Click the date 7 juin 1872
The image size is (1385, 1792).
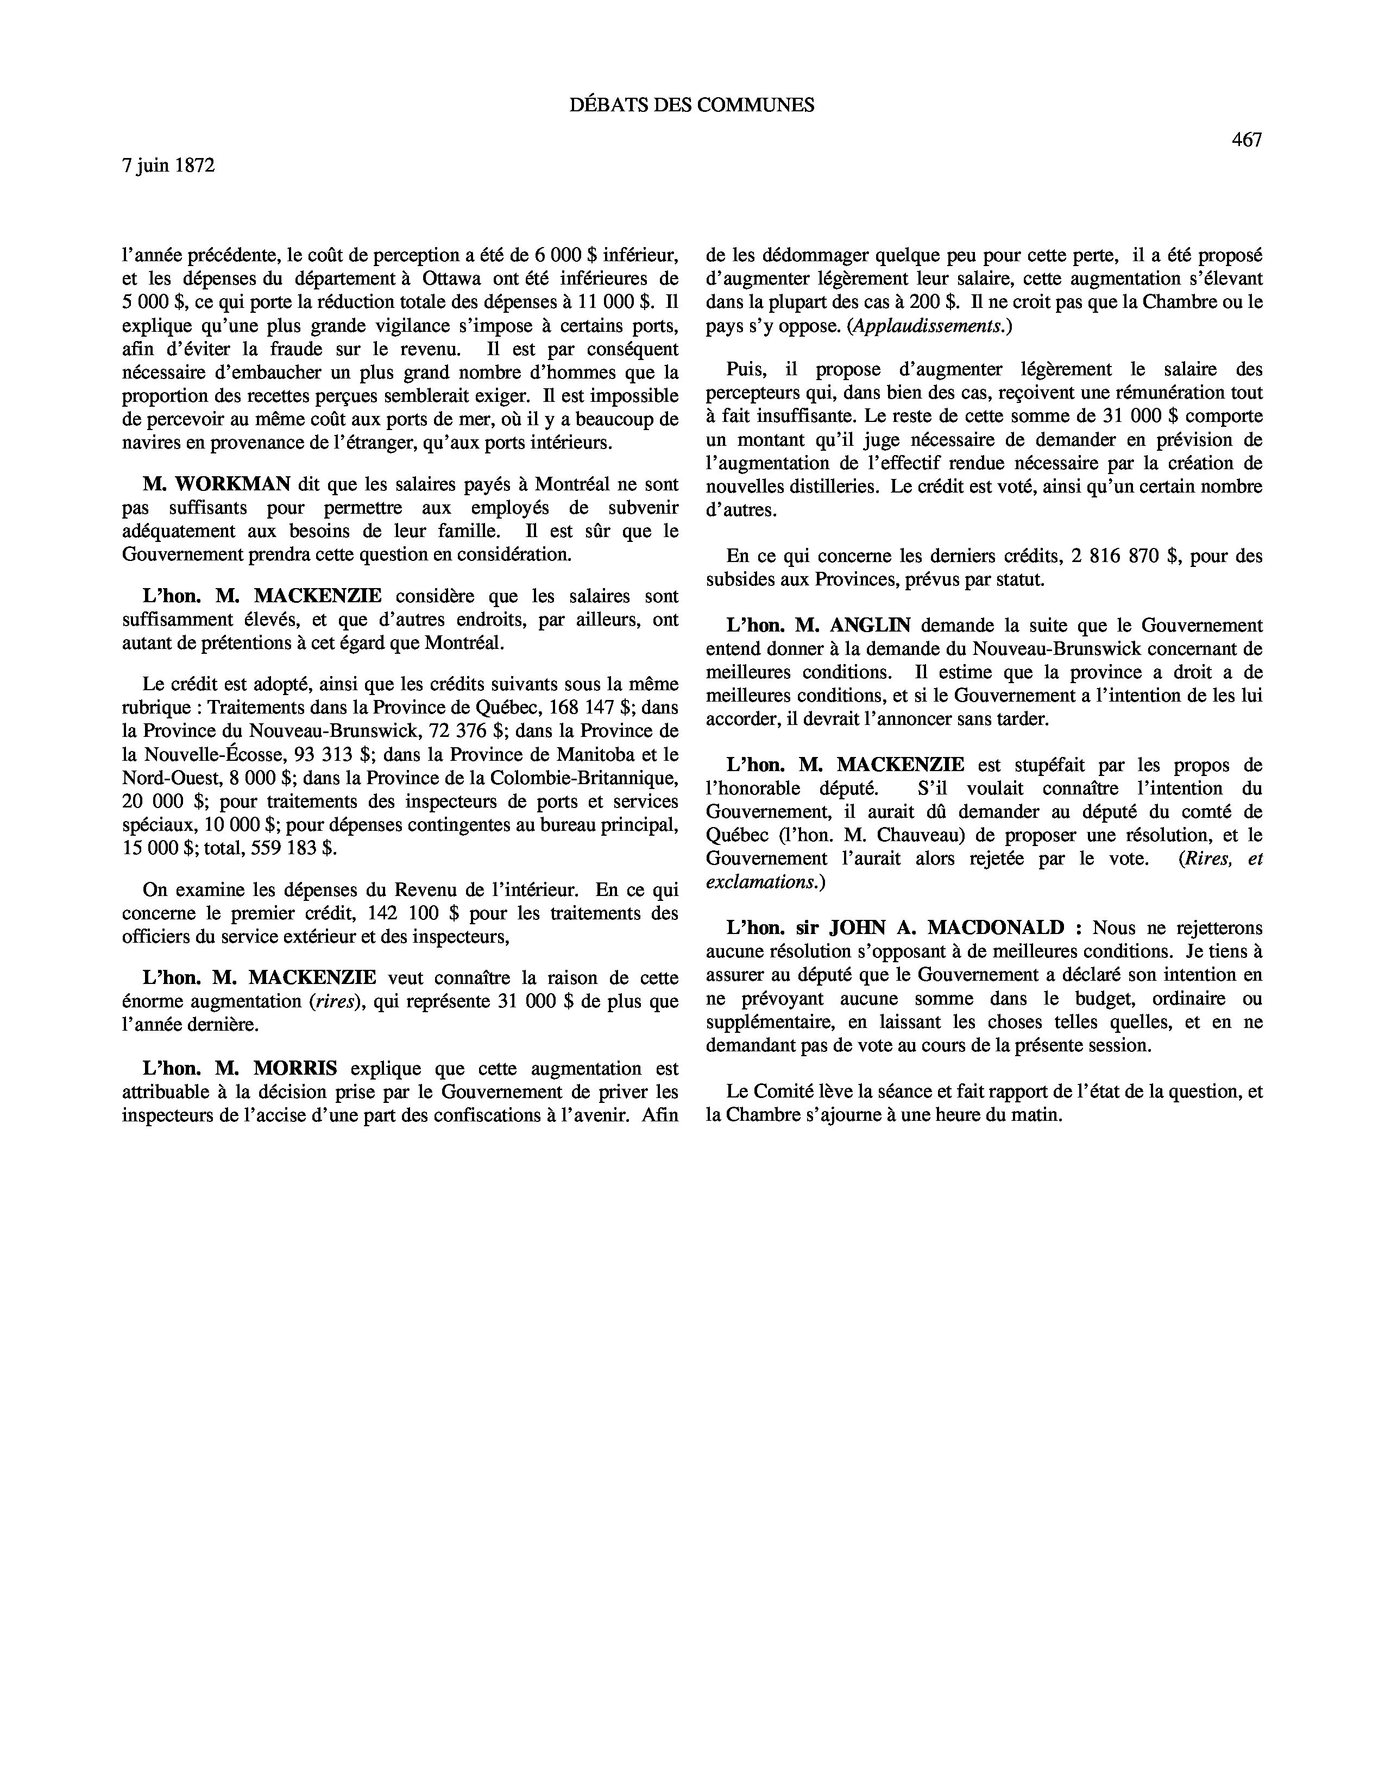168,166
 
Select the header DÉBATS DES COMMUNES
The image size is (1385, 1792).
691,105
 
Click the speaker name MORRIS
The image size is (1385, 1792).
295,1068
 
